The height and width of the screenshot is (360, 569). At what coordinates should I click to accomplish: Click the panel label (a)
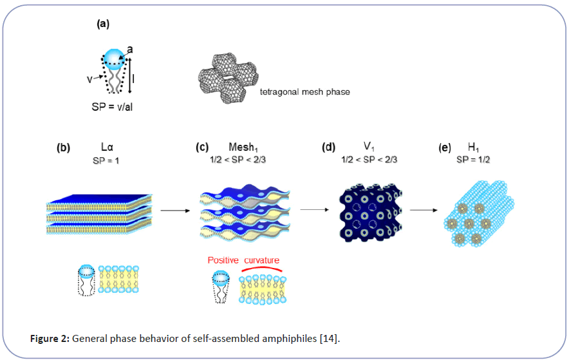[x=103, y=24]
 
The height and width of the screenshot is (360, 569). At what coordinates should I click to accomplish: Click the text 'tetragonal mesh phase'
[x=304, y=92]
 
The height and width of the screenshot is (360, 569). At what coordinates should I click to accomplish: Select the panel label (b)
[x=63, y=147]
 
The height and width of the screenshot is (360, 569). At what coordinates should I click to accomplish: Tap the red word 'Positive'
[x=223, y=260]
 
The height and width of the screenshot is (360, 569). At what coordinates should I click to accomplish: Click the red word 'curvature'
[x=261, y=260]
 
